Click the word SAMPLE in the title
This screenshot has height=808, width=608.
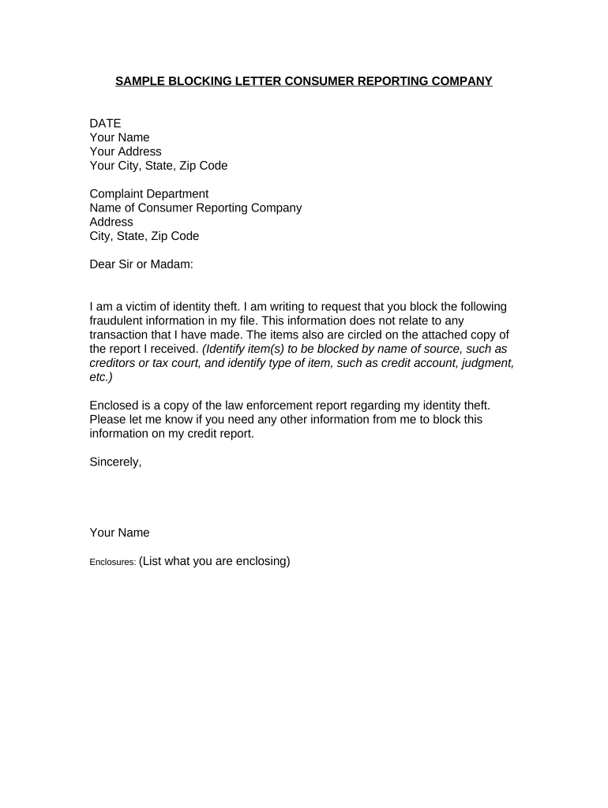[x=140, y=81]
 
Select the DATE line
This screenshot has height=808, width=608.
[x=105, y=123]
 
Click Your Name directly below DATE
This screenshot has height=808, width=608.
[x=119, y=137]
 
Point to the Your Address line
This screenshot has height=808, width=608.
[x=126, y=151]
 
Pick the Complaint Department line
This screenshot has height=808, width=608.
[x=149, y=194]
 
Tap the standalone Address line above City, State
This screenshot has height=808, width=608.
[x=111, y=223]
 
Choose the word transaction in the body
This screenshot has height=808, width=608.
[x=121, y=335]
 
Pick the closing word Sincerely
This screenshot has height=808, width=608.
[x=115, y=462]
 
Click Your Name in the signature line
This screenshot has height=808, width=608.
[x=119, y=533]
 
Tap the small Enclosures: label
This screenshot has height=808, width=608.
[x=112, y=563]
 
